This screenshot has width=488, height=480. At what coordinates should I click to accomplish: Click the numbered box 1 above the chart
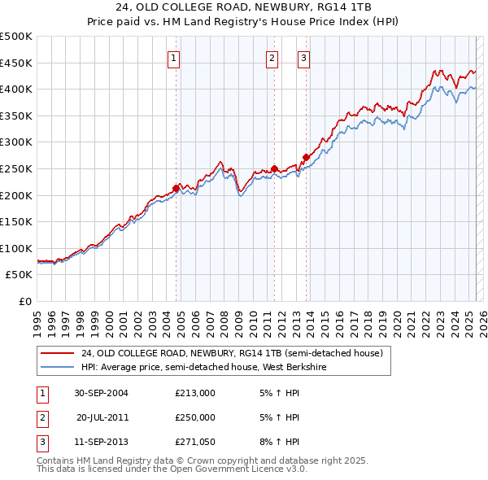click(x=175, y=58)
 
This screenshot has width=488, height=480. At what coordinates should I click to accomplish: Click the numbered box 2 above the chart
click(x=272, y=58)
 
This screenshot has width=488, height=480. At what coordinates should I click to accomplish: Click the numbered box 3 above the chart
click(x=303, y=58)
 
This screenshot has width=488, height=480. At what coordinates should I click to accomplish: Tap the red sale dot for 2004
click(x=176, y=188)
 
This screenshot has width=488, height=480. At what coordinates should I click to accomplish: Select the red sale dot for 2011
click(x=274, y=168)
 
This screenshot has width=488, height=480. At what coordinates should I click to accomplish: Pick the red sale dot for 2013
click(x=306, y=157)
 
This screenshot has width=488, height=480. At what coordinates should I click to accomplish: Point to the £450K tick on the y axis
click(x=16, y=63)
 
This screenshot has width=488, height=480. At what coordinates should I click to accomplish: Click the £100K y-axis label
click(x=16, y=248)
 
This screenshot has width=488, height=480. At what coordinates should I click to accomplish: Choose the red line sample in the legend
click(x=58, y=353)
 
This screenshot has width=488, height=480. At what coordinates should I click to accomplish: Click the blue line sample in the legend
click(x=58, y=367)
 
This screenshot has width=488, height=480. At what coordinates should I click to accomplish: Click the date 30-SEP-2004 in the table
click(x=101, y=392)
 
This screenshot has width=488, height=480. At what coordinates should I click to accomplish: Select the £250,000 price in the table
click(x=194, y=417)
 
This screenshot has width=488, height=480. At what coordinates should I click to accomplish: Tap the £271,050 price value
click(x=194, y=443)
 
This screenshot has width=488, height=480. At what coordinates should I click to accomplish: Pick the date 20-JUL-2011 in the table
click(x=102, y=417)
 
